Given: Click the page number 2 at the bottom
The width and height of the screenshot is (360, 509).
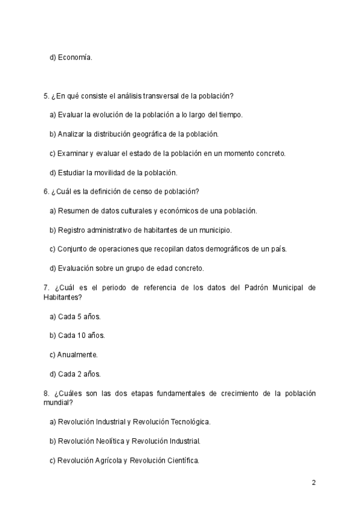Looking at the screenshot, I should (x=313, y=482).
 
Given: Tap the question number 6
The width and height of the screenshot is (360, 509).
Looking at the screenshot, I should (x=46, y=191).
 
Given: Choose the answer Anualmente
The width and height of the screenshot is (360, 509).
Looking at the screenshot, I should (x=78, y=354).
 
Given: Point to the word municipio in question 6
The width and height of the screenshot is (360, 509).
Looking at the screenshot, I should (x=214, y=230).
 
